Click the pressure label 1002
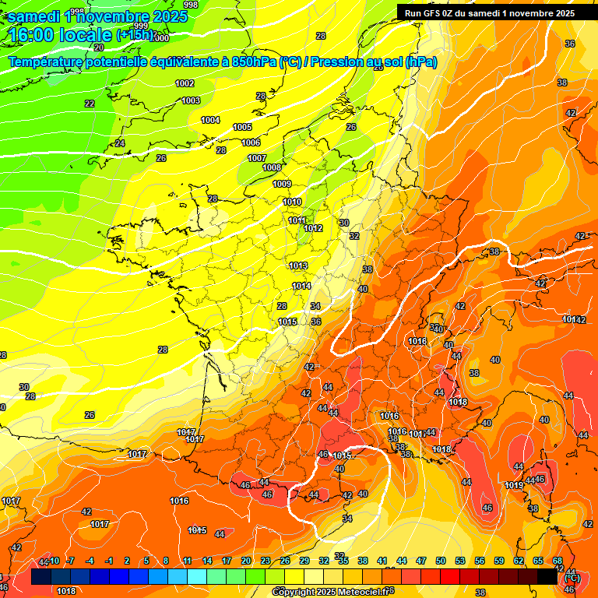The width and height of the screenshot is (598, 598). pyautogui.click(x=185, y=83)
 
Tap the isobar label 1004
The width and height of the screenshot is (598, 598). pyautogui.click(x=210, y=120)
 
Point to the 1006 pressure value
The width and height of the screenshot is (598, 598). pyautogui.click(x=251, y=142)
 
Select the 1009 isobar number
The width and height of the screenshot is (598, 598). pyautogui.click(x=282, y=184)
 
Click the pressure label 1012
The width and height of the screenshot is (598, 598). pyautogui.click(x=314, y=228)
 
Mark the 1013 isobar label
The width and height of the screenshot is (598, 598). pyautogui.click(x=298, y=266)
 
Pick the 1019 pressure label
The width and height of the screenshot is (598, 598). pyautogui.click(x=514, y=485)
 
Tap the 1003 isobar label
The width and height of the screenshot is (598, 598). pyautogui.click(x=191, y=100)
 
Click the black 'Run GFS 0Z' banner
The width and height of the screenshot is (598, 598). pyautogui.click(x=489, y=12)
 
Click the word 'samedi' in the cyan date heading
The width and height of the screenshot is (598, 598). pyautogui.click(x=33, y=16)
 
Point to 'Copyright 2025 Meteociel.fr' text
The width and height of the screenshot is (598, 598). pyautogui.click(x=331, y=592)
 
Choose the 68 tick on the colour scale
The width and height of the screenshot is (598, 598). pyautogui.click(x=558, y=561)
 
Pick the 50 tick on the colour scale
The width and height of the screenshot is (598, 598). pyautogui.click(x=441, y=561)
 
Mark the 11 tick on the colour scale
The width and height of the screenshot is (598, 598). pyautogui.click(x=188, y=561)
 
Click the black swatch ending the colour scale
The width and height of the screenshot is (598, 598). pyautogui.click(x=547, y=577)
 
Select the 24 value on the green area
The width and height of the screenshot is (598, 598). pyautogui.click(x=119, y=143)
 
